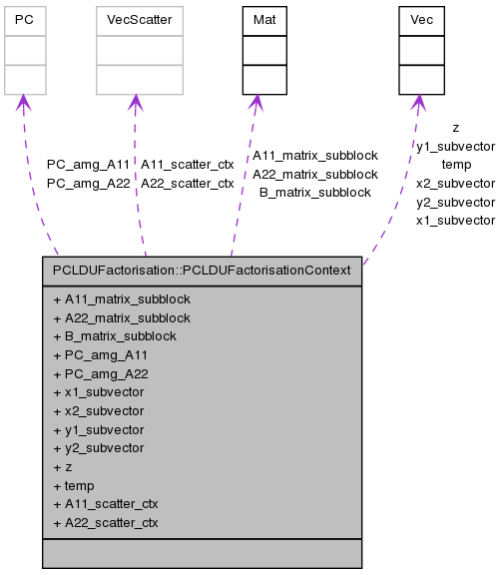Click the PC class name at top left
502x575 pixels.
pyautogui.click(x=25, y=20)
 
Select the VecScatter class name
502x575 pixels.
pyautogui.click(x=140, y=20)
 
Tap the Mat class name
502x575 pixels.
pyautogui.click(x=264, y=20)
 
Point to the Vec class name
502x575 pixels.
pyautogui.click(x=421, y=20)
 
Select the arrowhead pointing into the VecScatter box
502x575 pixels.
pyautogui.click(x=138, y=102)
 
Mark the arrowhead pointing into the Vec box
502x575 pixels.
pyautogui.click(x=418, y=102)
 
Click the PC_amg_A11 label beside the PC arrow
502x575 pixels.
pyautogui.click(x=88, y=165)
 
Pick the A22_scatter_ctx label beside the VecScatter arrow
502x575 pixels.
pyautogui.click(x=187, y=183)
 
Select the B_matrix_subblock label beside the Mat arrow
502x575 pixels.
pyautogui.click(x=314, y=192)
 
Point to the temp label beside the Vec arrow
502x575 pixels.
pyautogui.click(x=455, y=164)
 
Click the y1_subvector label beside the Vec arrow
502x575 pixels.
pyautogui.click(x=455, y=146)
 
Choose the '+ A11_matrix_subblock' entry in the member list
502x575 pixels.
pyautogui.click(x=121, y=298)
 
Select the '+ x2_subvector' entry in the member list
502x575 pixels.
pyautogui.click(x=98, y=410)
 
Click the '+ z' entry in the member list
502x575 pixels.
pyautogui.click(x=62, y=466)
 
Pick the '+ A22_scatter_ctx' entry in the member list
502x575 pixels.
pyautogui.click(x=105, y=522)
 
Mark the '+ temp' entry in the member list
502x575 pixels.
pyautogui.click(x=73, y=485)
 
